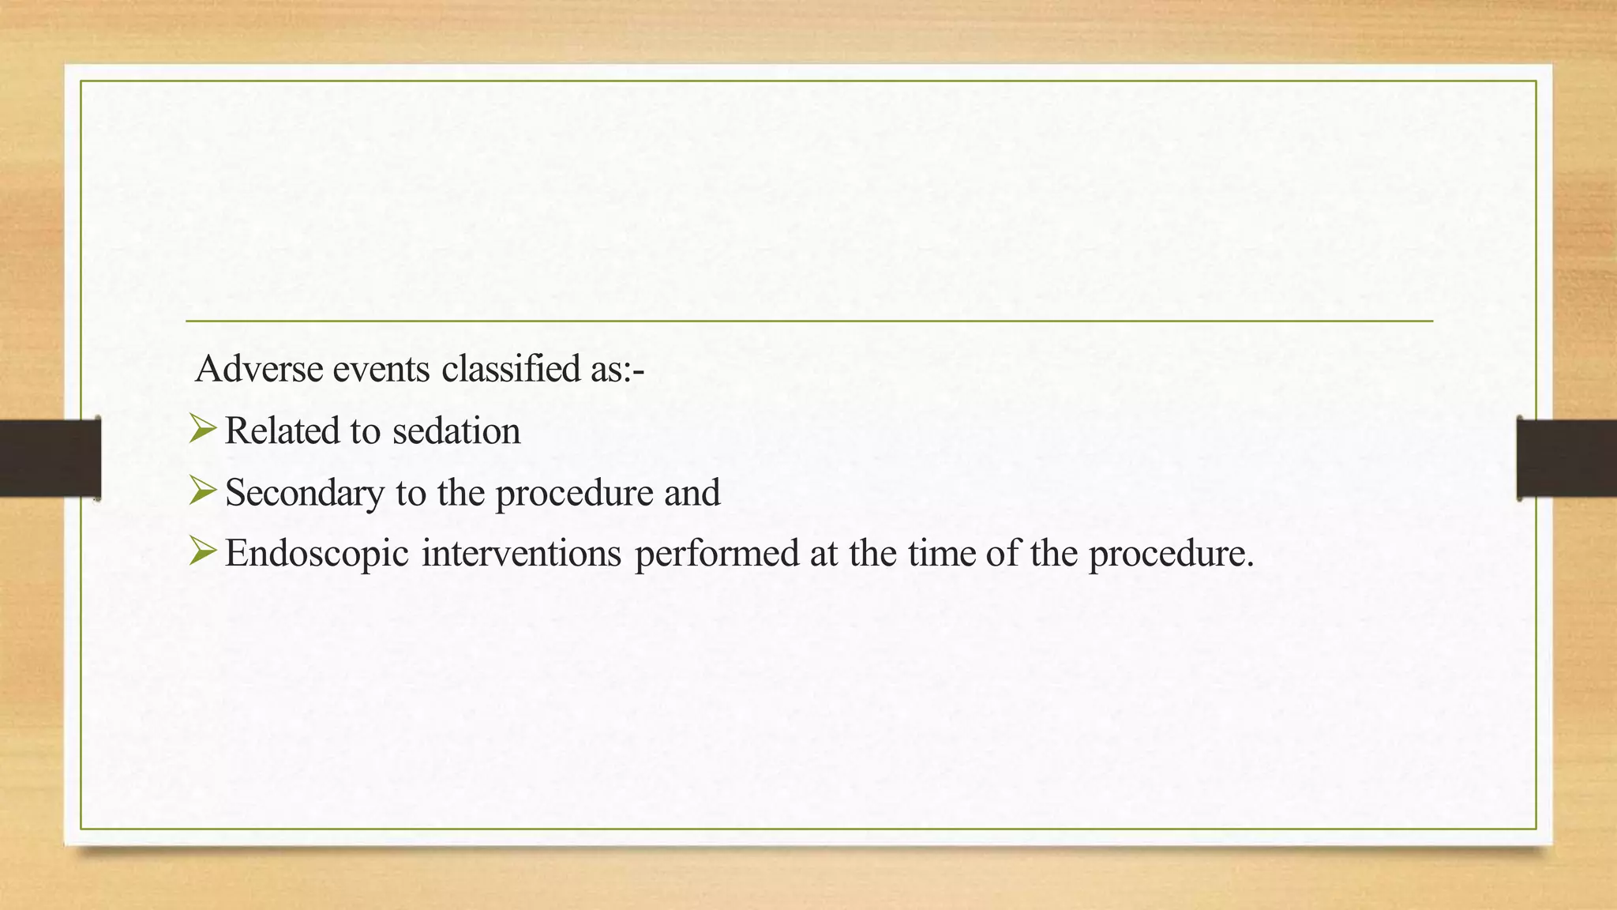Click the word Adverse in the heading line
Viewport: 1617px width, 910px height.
point(259,369)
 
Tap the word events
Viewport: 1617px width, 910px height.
point(381,369)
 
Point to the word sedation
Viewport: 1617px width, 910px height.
point(456,431)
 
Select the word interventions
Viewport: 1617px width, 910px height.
point(522,554)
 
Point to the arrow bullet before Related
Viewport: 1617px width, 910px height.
point(202,430)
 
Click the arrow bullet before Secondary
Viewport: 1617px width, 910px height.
point(202,491)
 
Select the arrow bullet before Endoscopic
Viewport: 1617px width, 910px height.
point(202,551)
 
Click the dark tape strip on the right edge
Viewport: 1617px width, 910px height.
point(1566,458)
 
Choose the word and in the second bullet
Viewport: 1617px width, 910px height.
point(692,493)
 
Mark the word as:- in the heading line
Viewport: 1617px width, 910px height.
point(617,369)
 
